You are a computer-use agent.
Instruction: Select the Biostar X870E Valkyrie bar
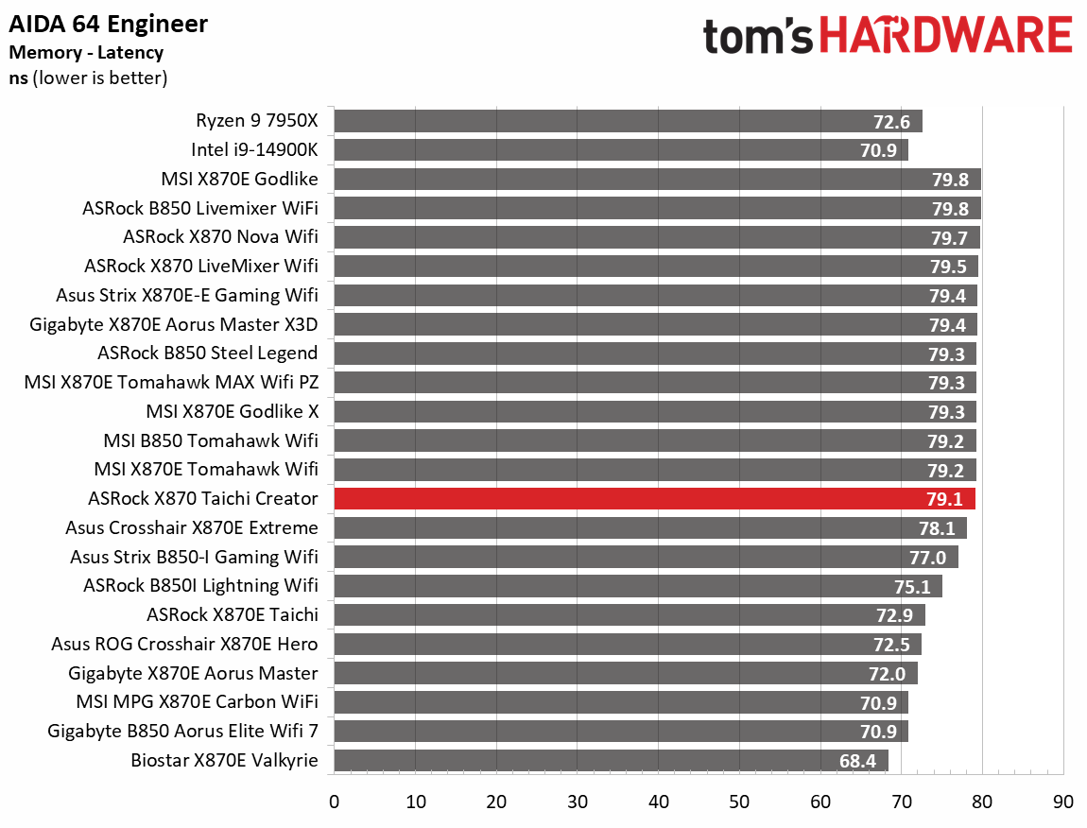pos(611,760)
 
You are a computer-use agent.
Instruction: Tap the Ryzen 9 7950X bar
pos(628,121)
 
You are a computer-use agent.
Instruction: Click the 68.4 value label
pos(858,761)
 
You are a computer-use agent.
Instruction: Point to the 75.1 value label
pos(912,587)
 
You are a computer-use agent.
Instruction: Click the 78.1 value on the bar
pos(937,528)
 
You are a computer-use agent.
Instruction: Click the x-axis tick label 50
pos(739,802)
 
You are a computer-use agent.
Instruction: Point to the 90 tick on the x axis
pos(1063,802)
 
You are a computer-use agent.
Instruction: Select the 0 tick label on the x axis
pos(334,802)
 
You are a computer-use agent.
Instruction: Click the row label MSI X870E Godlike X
pos(233,412)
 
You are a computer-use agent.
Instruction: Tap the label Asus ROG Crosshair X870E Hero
pos(184,645)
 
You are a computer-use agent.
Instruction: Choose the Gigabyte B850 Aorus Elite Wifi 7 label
pos(182,732)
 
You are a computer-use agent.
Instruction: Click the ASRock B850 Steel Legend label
pos(208,354)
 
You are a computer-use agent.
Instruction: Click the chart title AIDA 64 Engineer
pos(109,24)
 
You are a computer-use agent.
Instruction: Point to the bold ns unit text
pos(18,78)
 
